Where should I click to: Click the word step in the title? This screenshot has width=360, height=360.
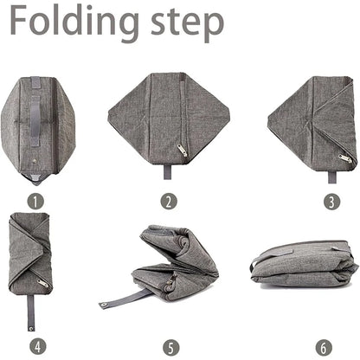[x=188, y=24]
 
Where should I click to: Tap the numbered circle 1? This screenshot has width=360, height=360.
[x=35, y=202]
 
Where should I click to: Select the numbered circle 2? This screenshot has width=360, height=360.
[x=169, y=202]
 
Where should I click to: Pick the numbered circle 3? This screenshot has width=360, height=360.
[x=331, y=202]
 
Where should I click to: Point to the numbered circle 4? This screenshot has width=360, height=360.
[x=38, y=346]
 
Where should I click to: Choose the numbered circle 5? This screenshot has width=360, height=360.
[x=170, y=348]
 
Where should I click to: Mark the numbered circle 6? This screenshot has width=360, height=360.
[x=324, y=348]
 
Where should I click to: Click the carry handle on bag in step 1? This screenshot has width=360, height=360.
[x=35, y=120]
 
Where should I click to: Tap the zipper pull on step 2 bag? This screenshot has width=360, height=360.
[x=182, y=150]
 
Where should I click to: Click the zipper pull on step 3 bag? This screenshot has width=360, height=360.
[x=345, y=158]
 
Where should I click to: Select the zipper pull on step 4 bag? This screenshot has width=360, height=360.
[x=42, y=283]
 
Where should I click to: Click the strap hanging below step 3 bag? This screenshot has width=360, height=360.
[x=331, y=177]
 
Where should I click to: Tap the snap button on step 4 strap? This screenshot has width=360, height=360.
[x=31, y=328]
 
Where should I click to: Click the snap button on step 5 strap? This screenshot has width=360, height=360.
[x=102, y=304]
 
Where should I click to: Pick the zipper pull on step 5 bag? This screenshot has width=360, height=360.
[x=172, y=280]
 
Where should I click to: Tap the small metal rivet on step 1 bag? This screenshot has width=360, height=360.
[x=35, y=160]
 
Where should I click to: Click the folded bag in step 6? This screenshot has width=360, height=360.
[x=305, y=264]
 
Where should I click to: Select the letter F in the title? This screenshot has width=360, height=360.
[x=20, y=20]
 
